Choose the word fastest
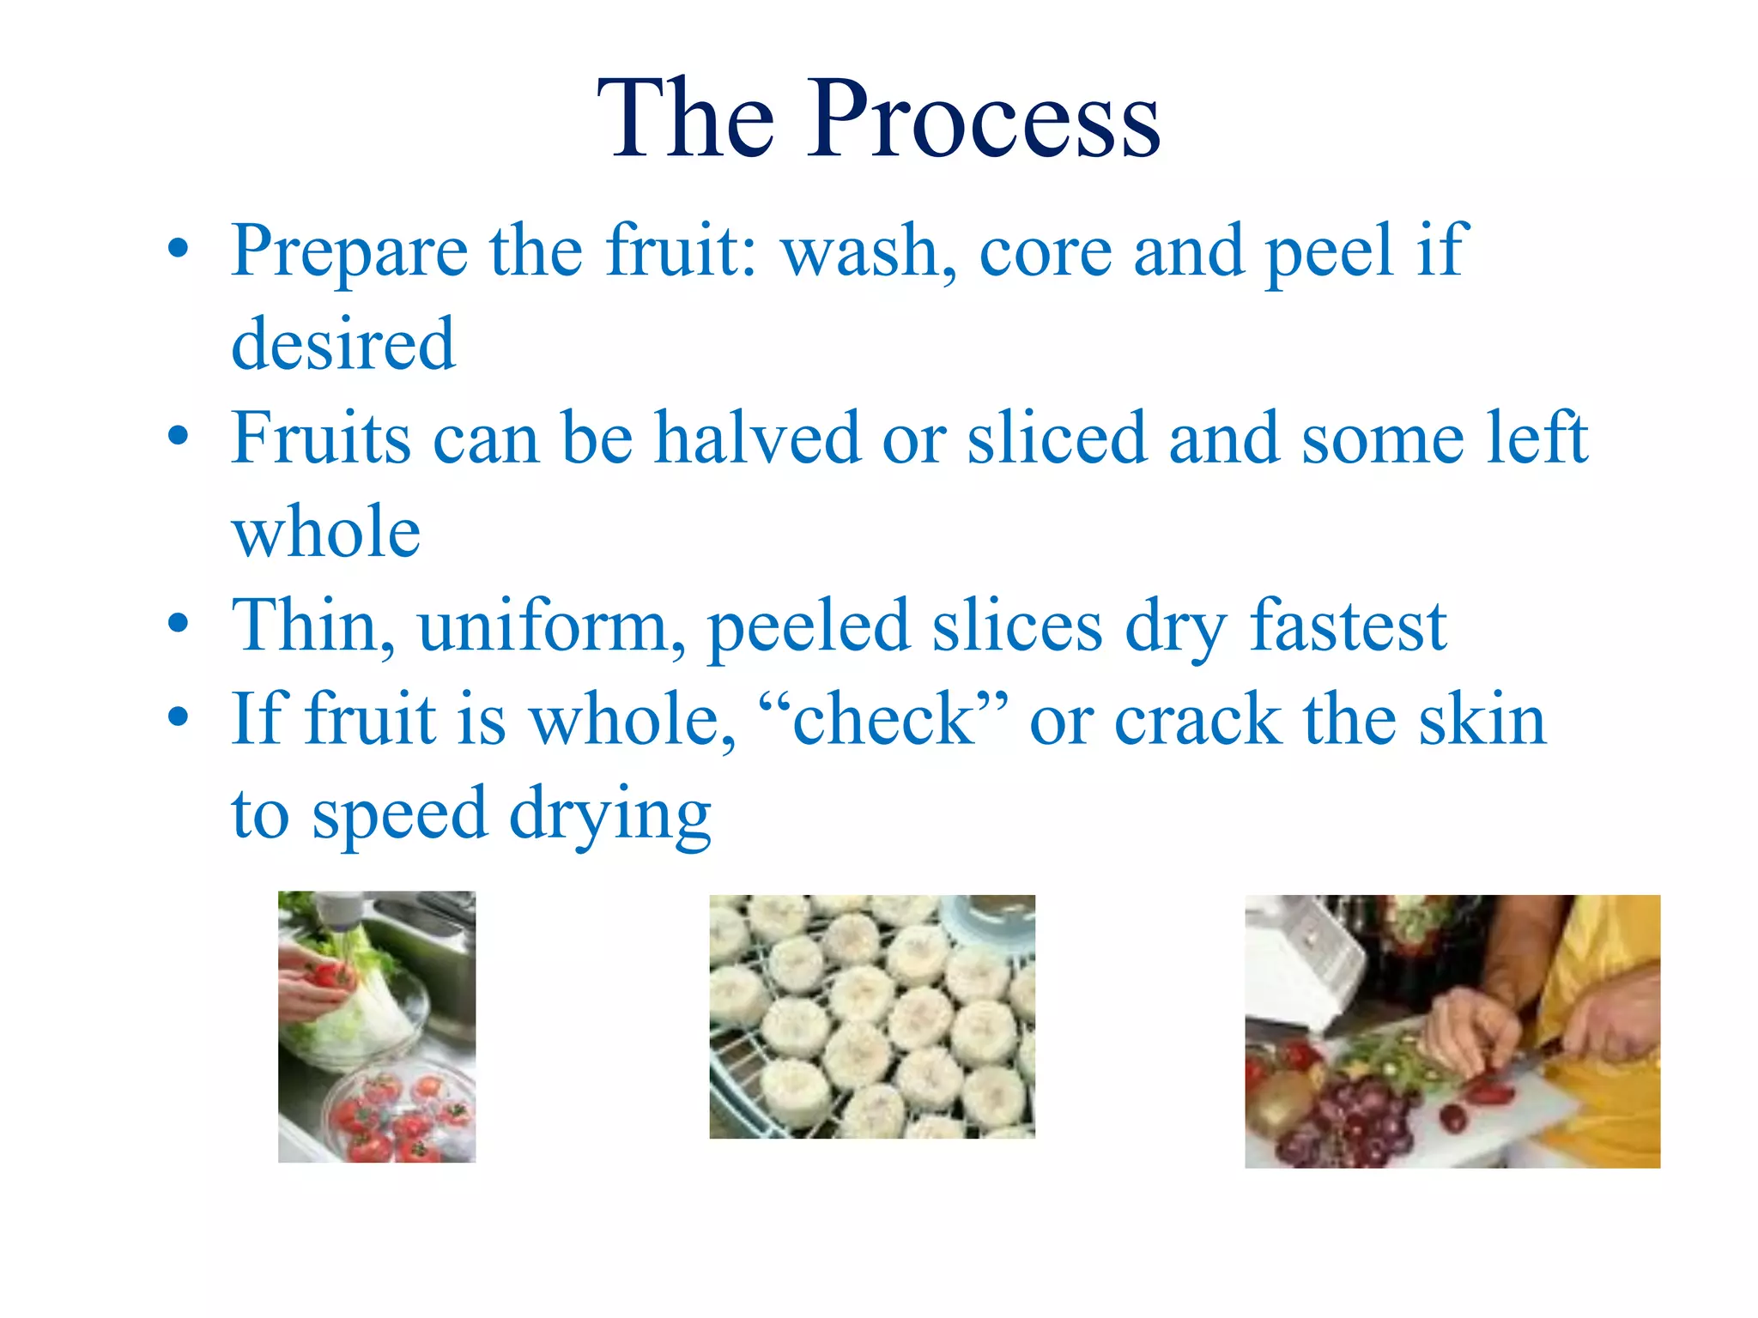point(1348,626)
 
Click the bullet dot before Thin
point(178,624)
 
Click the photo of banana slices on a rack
point(871,1017)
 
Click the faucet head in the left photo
point(339,910)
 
